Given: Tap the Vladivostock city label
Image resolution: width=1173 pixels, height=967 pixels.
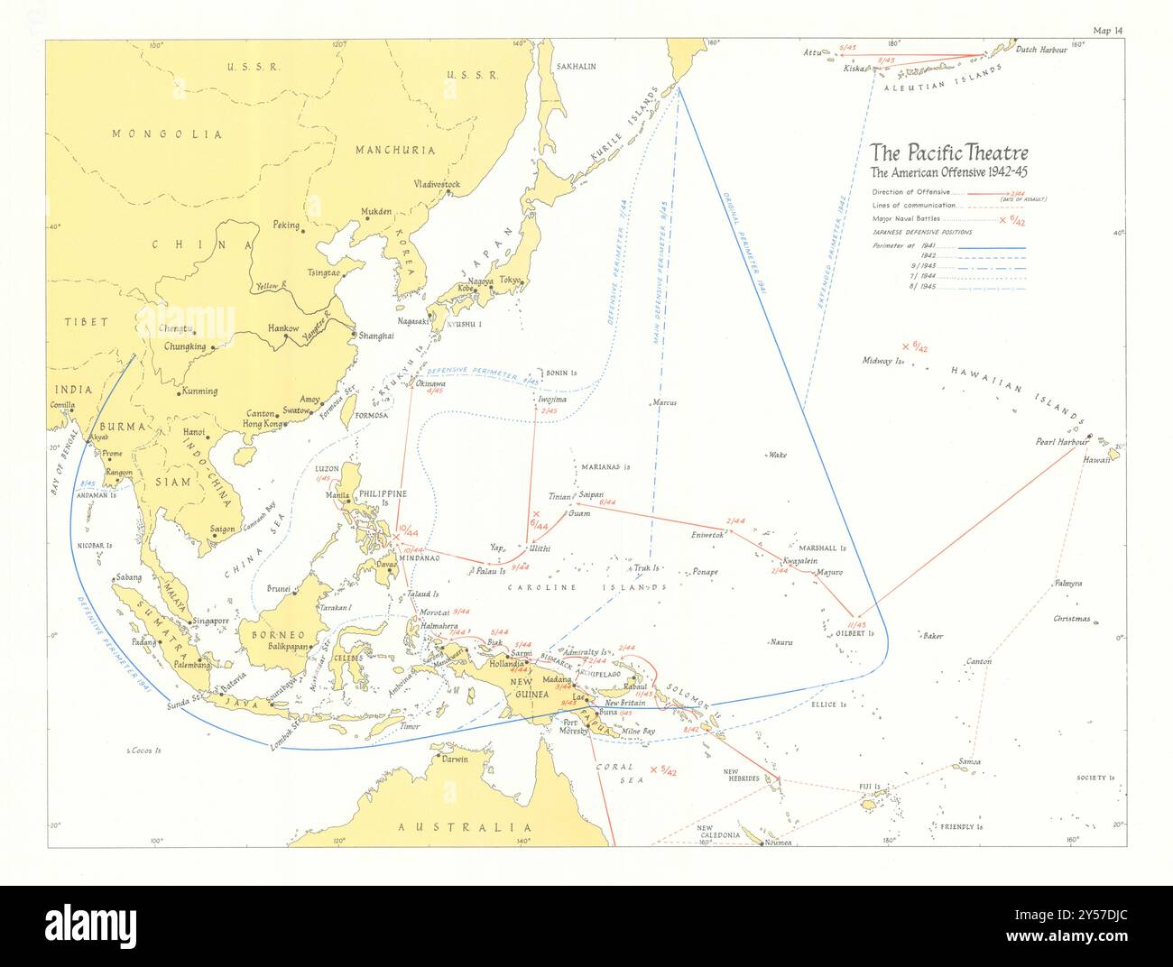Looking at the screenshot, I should point(437,185).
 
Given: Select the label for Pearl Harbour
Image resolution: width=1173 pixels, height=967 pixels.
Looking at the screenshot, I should point(1062,442).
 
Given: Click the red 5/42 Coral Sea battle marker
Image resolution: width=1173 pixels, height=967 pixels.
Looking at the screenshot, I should point(663,770).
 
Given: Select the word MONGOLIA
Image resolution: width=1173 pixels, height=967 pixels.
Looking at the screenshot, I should point(167,134).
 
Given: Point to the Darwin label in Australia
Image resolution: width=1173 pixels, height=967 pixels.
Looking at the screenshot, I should point(454,759).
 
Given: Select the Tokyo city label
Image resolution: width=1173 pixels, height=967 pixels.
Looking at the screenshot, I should point(511,281).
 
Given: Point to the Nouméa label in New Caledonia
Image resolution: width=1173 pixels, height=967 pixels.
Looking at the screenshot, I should point(777,843).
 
